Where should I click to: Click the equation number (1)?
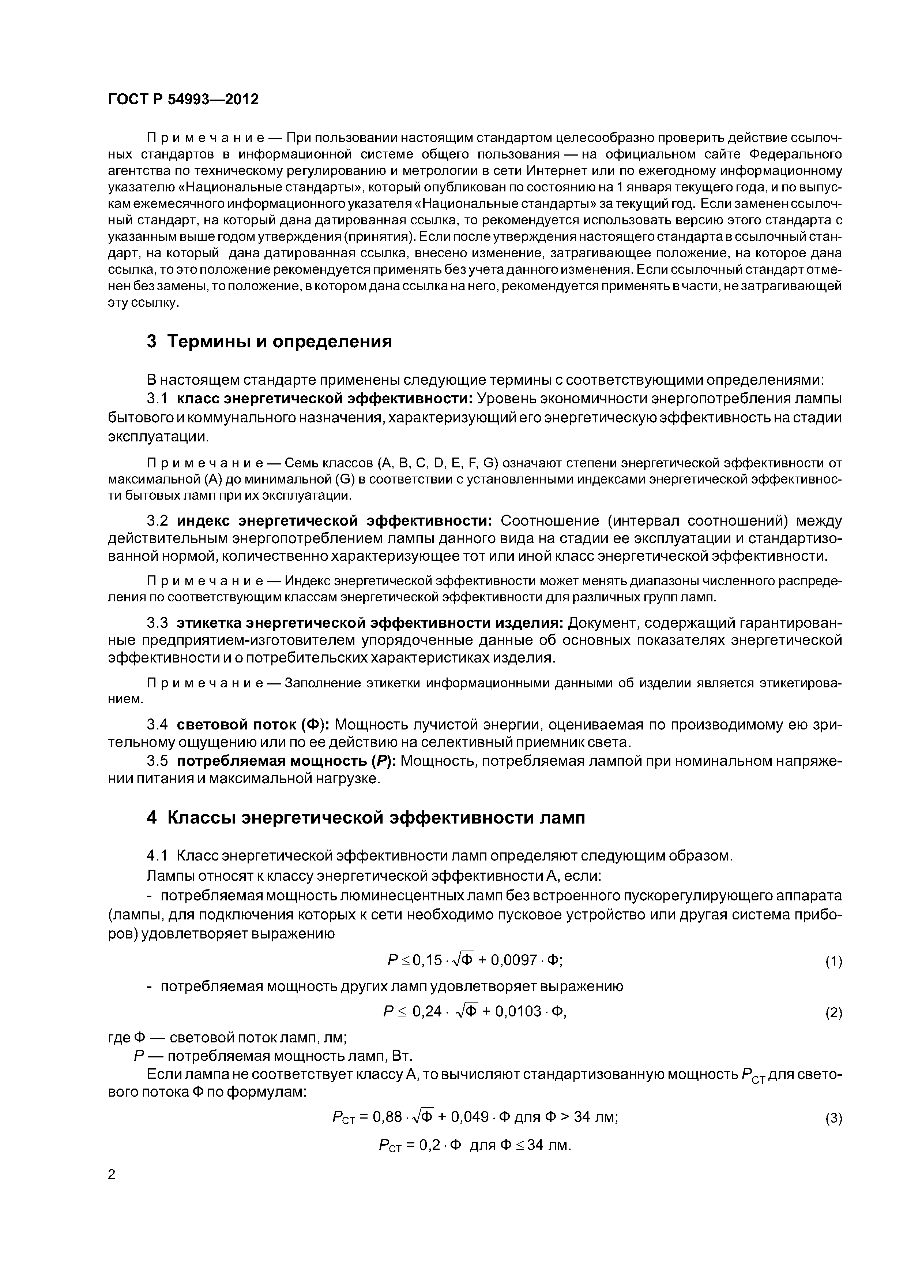[833, 961]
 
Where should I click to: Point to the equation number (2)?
[833, 1013]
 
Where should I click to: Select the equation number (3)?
[833, 1118]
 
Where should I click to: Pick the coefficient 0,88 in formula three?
[387, 1117]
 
